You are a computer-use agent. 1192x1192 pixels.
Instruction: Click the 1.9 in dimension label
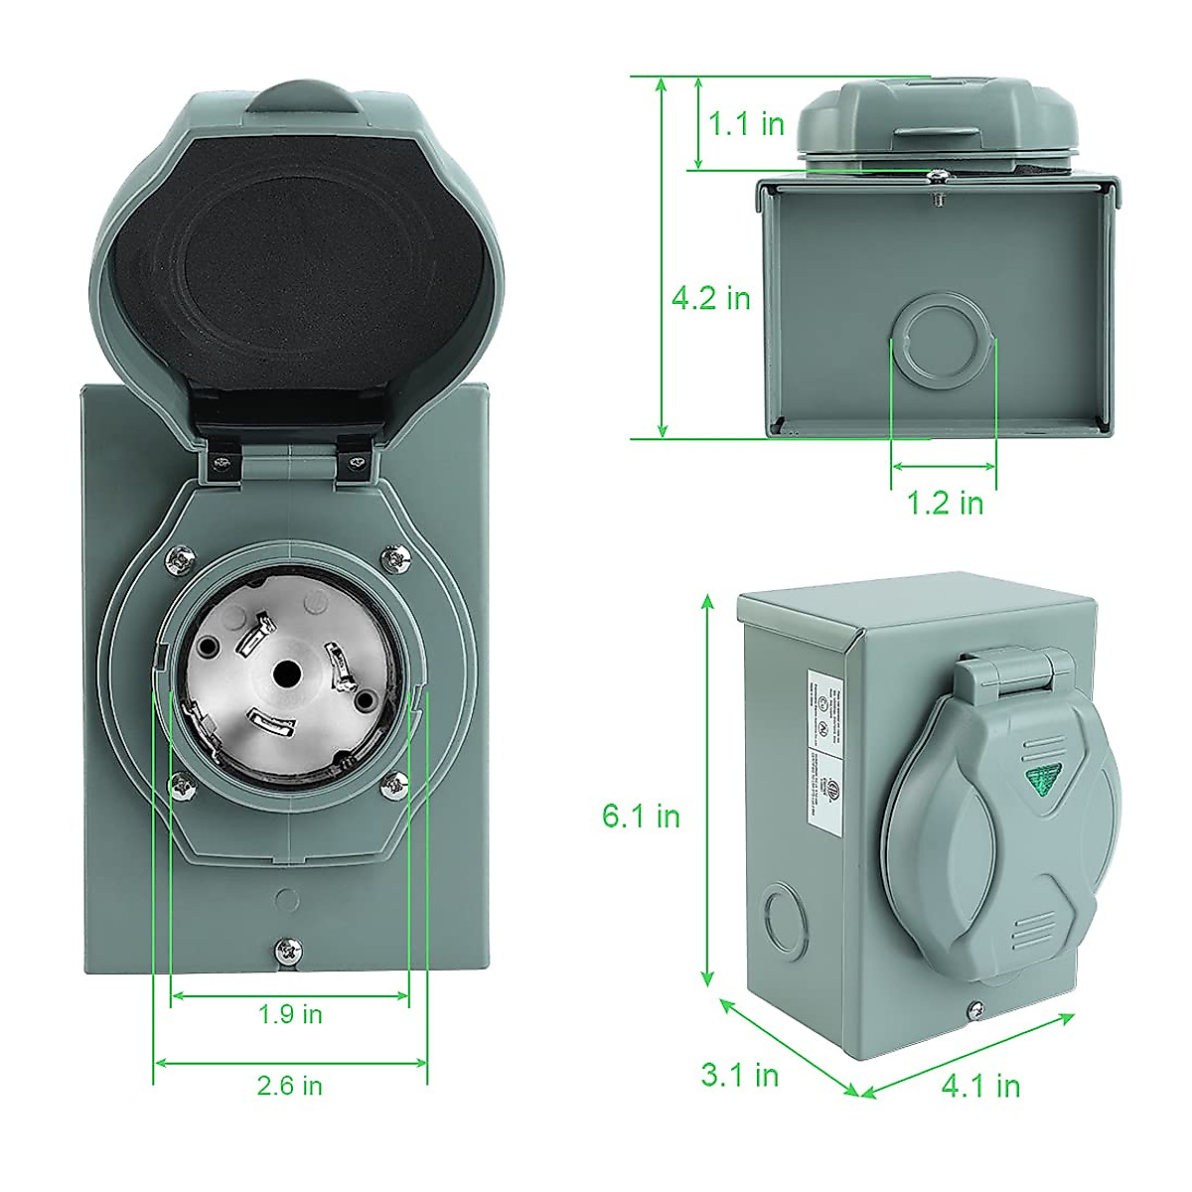290,1014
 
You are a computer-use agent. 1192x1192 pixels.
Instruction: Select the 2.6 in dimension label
290,1086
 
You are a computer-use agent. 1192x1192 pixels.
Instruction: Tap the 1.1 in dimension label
746,124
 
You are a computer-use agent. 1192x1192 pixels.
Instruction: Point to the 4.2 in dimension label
710,298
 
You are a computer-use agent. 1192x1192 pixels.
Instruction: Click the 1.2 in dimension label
945,503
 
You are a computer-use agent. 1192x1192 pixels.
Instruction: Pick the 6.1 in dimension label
641,816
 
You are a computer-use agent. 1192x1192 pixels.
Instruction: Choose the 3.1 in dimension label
739,1074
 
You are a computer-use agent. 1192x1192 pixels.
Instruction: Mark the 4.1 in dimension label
980,1086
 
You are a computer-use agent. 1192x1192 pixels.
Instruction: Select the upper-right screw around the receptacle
396,558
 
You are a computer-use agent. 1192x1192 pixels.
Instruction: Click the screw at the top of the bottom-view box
934,177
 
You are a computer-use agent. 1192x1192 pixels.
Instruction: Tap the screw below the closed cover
974,1011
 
